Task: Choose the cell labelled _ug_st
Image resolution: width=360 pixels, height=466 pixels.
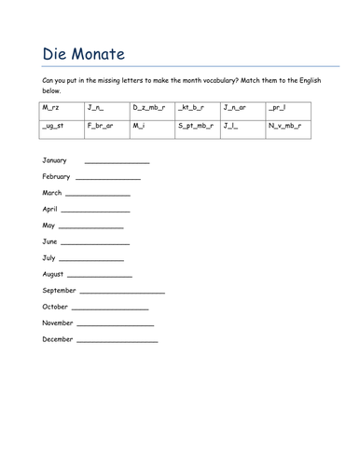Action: (x=56, y=125)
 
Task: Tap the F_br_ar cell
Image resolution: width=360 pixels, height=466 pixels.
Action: (x=102, y=125)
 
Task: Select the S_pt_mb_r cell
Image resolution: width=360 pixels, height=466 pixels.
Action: (x=196, y=125)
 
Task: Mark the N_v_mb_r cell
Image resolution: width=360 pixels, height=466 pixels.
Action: (x=285, y=125)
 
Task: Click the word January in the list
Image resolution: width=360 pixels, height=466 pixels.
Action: (x=56, y=160)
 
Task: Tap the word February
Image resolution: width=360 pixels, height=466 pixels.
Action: (x=57, y=176)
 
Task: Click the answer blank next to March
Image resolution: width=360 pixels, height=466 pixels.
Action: (x=98, y=195)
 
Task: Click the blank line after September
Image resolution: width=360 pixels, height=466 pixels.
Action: (x=129, y=293)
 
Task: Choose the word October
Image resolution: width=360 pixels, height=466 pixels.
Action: (x=56, y=307)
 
